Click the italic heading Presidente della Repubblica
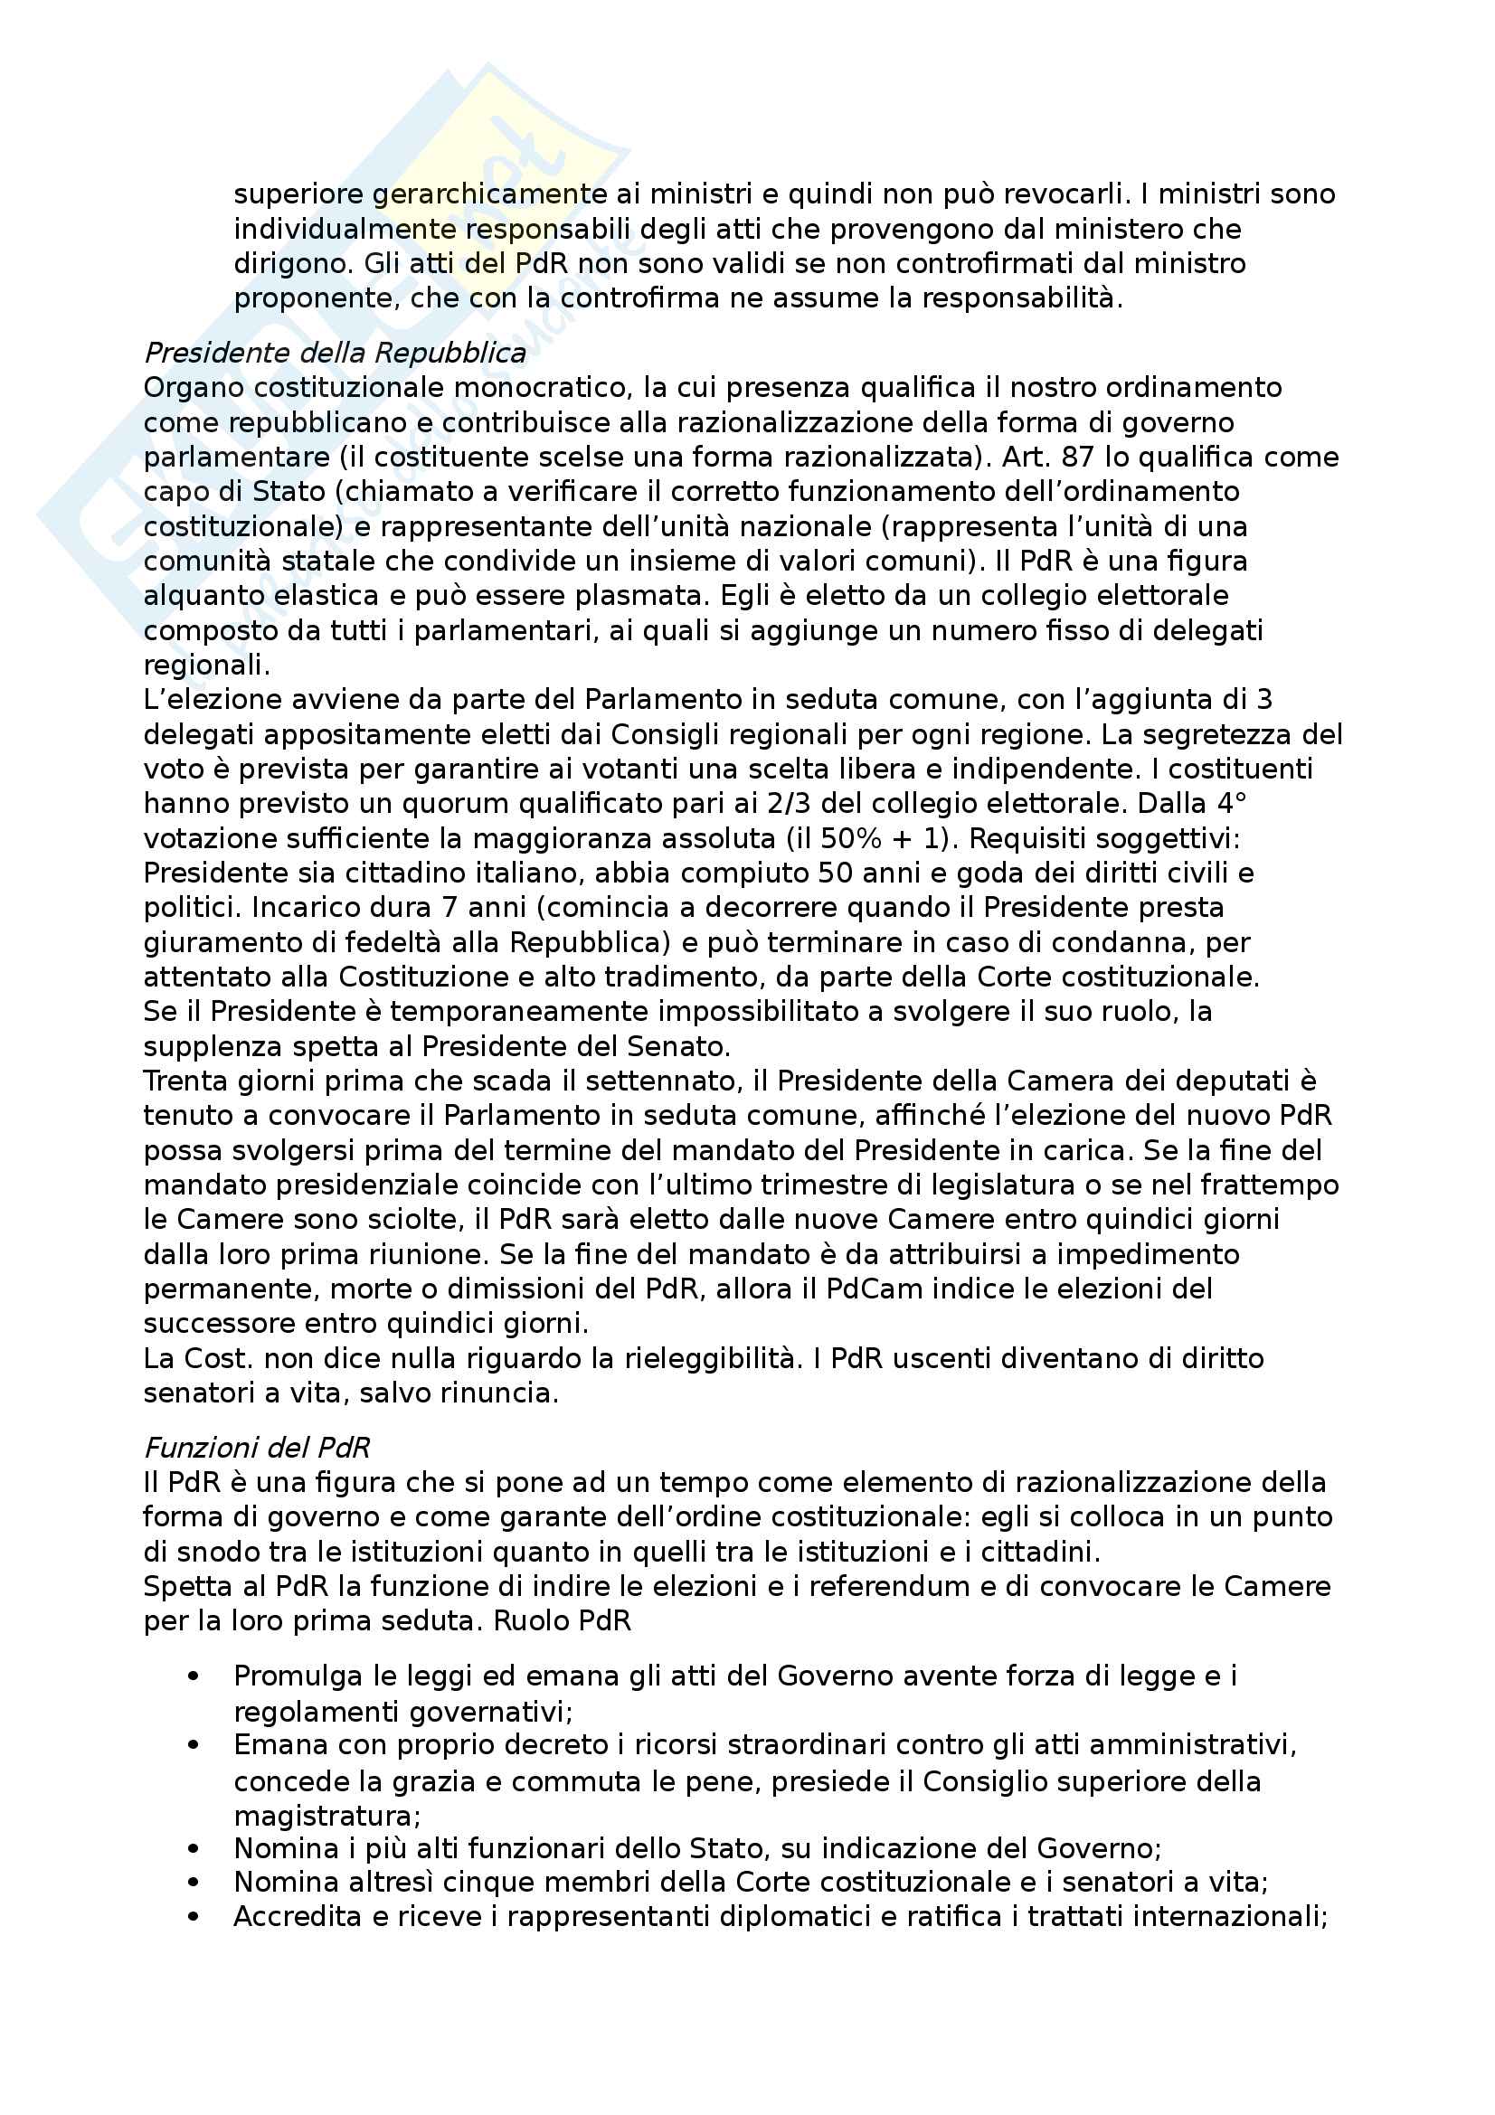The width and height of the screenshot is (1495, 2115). (x=335, y=353)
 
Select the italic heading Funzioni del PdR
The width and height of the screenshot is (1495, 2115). (x=256, y=1448)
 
